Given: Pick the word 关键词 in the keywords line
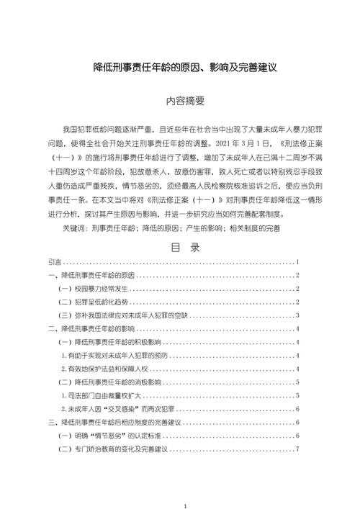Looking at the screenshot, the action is [74, 228].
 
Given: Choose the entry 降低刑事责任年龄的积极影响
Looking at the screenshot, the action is [115, 342].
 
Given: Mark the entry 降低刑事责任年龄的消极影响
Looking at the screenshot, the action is [115, 382].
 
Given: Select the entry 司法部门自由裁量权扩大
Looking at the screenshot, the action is [105, 395].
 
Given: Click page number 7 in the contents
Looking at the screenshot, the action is [297, 449].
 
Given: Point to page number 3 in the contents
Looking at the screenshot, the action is [297, 315].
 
